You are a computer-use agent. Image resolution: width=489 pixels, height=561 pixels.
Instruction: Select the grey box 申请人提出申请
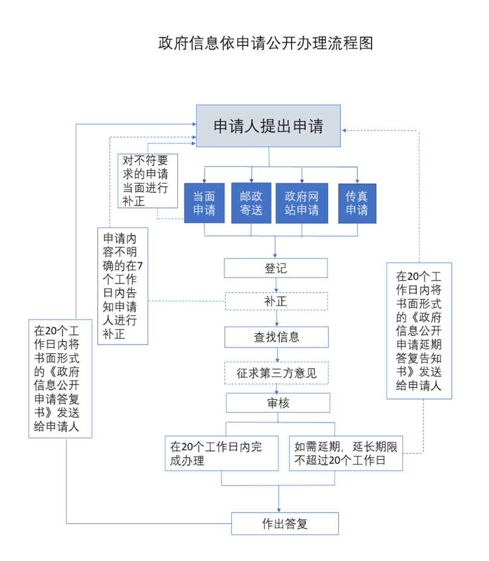tap(268, 126)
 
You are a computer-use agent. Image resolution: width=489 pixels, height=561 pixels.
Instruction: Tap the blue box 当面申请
tap(204, 203)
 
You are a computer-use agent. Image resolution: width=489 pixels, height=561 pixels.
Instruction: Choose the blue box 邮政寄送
tap(251, 203)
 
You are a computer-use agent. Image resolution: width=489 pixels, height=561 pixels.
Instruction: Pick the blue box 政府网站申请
tap(301, 203)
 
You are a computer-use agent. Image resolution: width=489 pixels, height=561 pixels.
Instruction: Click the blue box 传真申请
tap(357, 203)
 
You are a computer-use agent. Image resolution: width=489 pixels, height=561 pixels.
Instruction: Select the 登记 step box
tap(275, 268)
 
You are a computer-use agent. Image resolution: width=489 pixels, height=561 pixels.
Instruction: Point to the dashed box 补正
tap(275, 301)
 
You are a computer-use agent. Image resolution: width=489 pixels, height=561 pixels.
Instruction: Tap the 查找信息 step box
tap(276, 337)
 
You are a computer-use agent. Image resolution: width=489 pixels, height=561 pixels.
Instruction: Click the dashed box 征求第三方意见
tap(276, 373)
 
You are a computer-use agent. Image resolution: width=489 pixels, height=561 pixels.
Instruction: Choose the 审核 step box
tap(278, 403)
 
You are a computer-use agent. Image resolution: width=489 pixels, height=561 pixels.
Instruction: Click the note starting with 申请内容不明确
tap(123, 285)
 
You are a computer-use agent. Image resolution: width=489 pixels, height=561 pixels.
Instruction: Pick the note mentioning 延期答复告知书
tap(419, 331)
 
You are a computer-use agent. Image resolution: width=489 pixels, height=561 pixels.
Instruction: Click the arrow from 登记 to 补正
tap(277, 285)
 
